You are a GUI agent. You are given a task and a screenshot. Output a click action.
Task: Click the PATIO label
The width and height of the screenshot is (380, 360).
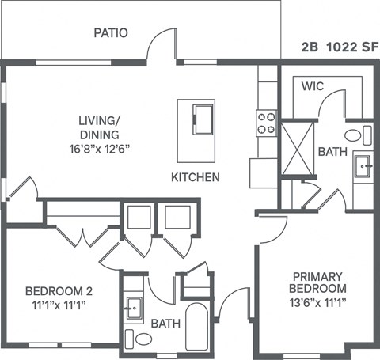click(111, 33)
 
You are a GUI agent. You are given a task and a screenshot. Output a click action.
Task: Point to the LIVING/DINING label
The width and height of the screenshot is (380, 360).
click(98, 127)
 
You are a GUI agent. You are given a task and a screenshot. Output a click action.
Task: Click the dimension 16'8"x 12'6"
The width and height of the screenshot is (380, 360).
click(98, 146)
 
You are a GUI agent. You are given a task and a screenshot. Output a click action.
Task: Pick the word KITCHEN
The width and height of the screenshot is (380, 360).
click(196, 177)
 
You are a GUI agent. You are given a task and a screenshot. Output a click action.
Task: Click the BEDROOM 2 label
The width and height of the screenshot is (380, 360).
click(54, 290)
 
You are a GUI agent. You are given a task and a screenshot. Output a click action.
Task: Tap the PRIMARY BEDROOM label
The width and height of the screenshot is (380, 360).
click(319, 282)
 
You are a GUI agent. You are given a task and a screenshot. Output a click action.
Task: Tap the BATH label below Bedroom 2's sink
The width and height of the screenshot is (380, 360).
click(166, 324)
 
